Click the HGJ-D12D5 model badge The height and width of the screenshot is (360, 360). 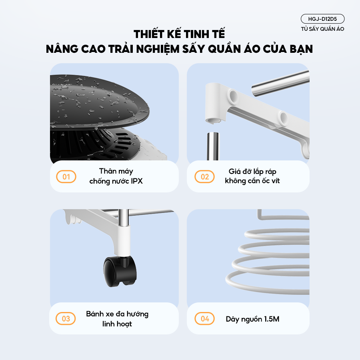pyautogui.click(x=322, y=19)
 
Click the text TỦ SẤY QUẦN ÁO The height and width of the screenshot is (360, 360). pyautogui.click(x=322, y=29)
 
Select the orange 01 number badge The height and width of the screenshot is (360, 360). pyautogui.click(x=66, y=176)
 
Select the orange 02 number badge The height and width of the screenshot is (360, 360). pyautogui.click(x=204, y=176)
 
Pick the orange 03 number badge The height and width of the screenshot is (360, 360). pyautogui.click(x=66, y=318)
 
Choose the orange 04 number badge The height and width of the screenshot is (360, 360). pyautogui.click(x=204, y=318)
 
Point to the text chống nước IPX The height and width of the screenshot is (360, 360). pyautogui.click(x=116, y=181)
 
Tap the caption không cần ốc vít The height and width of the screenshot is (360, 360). pyautogui.click(x=252, y=181)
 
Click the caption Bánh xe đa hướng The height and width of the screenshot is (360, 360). pyautogui.click(x=117, y=314)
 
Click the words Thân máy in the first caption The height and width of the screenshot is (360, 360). pyautogui.click(x=116, y=172)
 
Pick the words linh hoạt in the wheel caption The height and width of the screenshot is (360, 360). pyautogui.click(x=117, y=324)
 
